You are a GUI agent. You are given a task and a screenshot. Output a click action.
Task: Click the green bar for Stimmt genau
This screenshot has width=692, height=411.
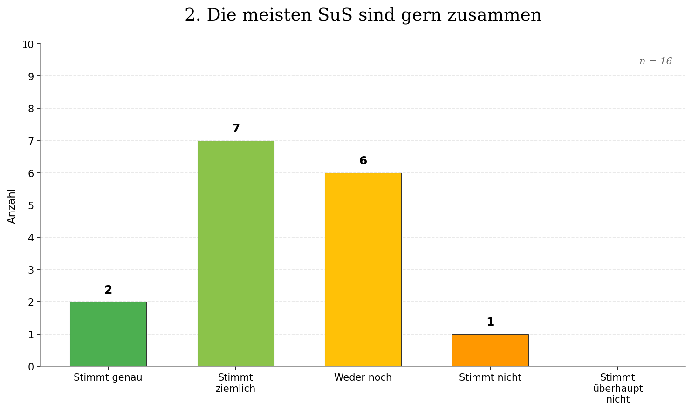(108, 334)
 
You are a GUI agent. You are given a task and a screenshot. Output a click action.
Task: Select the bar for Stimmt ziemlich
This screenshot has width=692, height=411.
(236, 253)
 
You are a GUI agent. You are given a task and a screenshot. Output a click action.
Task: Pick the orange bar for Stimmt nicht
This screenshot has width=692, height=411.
(490, 350)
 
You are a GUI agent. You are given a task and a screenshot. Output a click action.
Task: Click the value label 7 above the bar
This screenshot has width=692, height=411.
(236, 129)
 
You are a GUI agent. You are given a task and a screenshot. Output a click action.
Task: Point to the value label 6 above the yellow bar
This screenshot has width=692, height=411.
(363, 161)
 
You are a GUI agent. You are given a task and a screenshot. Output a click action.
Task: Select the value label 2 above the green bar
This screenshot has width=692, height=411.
(108, 290)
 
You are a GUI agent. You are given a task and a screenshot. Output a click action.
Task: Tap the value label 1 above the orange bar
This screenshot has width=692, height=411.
(490, 322)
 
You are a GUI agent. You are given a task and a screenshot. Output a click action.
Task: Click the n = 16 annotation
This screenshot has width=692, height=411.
(655, 62)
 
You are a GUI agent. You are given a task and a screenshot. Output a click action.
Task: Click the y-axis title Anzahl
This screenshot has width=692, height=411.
(12, 206)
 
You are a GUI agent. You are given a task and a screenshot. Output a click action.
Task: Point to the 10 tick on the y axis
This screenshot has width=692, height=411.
(28, 45)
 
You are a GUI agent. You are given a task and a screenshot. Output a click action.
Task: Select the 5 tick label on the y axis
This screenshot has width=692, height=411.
(31, 205)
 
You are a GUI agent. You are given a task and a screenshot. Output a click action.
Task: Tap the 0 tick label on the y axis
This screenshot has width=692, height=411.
(31, 367)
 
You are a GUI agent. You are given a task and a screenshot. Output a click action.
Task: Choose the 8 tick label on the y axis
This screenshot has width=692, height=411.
(31, 109)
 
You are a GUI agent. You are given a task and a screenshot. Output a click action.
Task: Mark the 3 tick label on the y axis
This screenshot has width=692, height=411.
(31, 270)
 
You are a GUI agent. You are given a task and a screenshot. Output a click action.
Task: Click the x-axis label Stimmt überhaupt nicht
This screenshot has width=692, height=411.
(617, 388)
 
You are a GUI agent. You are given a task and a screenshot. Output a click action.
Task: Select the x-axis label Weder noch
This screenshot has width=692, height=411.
(363, 377)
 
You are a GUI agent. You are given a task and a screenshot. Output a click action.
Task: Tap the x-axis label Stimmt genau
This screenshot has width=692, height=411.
(108, 377)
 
